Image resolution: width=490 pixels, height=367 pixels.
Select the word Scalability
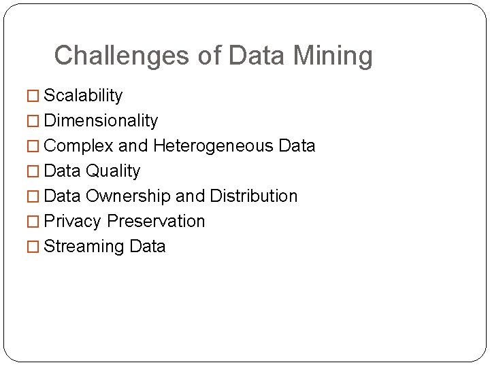pos(83,96)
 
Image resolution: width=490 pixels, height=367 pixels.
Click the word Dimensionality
pos(101,121)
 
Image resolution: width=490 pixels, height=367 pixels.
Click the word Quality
pos(112,171)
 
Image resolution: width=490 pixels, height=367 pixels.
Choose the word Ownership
pos(128,196)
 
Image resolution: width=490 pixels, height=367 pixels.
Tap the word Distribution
pos(254,196)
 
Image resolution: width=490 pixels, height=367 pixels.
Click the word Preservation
pos(156,222)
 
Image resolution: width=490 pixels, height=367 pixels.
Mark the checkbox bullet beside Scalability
pos(33,97)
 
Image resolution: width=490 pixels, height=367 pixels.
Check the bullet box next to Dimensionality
pos(33,122)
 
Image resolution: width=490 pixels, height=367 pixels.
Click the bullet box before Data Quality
pos(33,172)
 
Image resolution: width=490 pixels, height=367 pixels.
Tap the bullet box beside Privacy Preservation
pos(33,222)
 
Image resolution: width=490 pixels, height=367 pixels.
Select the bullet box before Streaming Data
pos(33,247)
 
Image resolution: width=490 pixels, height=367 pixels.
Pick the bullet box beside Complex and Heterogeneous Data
pos(33,147)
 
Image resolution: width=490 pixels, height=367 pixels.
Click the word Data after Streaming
pos(147,247)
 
